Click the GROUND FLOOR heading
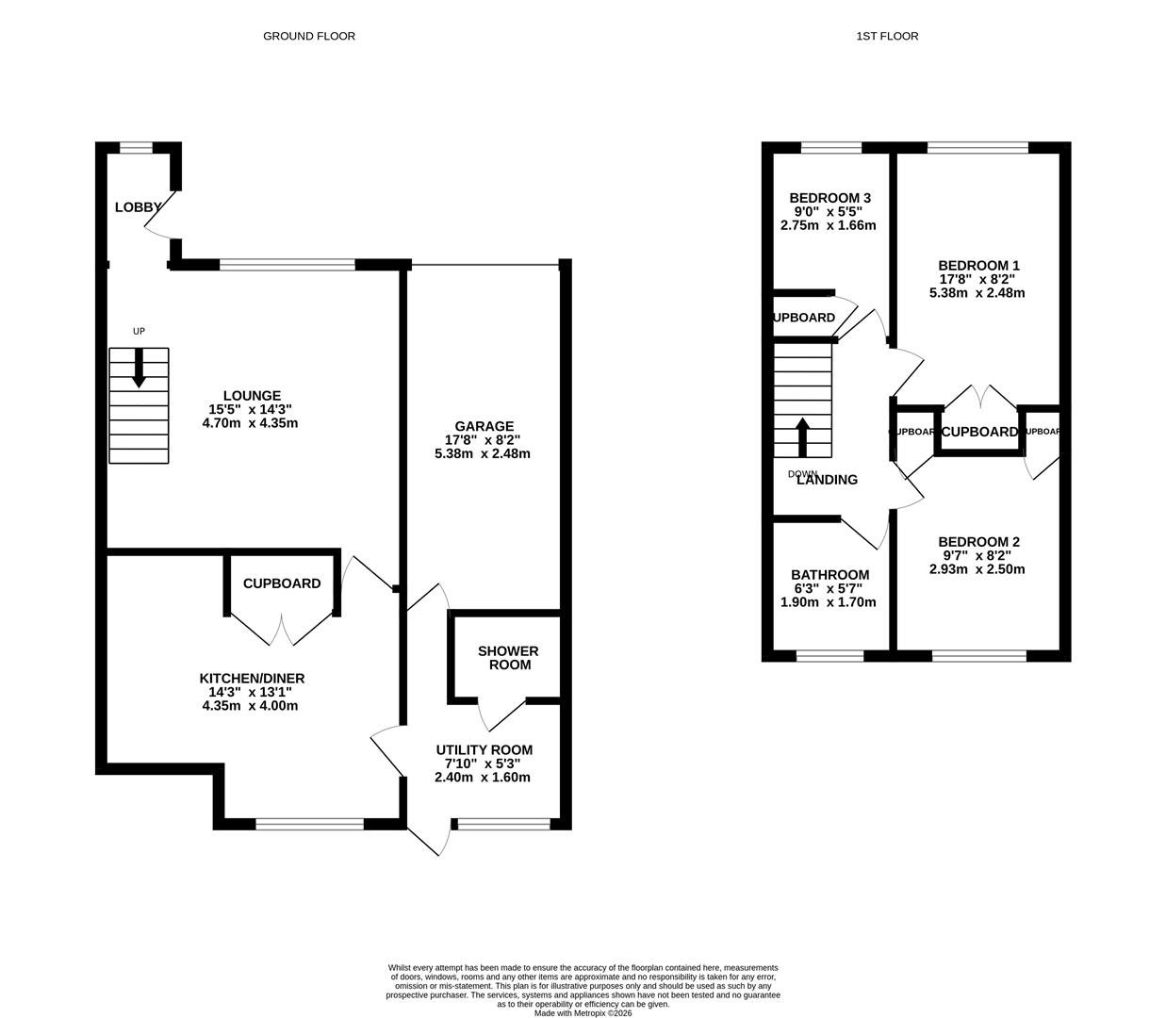(308, 36)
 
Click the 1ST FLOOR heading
(886, 36)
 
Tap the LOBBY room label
(138, 207)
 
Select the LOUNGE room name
(252, 396)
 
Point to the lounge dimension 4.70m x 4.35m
(250, 423)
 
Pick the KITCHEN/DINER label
(252, 679)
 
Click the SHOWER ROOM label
(508, 658)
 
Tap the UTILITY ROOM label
(484, 750)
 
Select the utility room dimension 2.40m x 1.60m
(482, 778)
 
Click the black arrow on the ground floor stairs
(139, 369)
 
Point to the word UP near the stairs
(139, 331)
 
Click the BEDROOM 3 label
(829, 198)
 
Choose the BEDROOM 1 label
(978, 266)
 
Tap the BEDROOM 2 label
(978, 542)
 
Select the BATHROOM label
(829, 575)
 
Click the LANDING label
(828, 480)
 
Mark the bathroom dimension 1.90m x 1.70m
(829, 602)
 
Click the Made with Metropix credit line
(583, 1013)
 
